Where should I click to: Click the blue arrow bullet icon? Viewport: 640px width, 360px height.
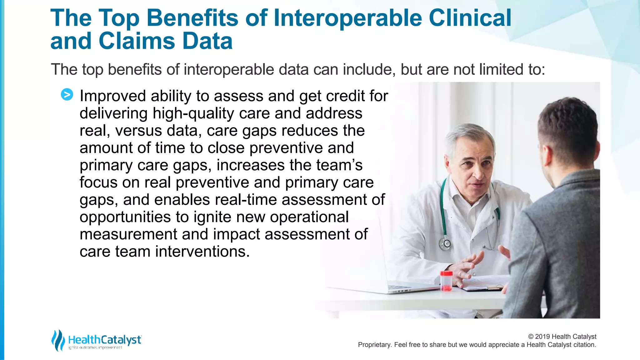click(x=67, y=94)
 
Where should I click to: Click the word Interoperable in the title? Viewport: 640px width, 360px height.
click(x=347, y=18)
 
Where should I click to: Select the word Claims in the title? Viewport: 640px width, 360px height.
click(x=136, y=41)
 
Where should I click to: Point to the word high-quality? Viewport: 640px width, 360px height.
click(x=193, y=113)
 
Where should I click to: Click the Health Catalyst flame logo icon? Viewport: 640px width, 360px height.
click(x=58, y=340)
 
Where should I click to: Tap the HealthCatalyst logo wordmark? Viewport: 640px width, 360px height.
click(x=105, y=340)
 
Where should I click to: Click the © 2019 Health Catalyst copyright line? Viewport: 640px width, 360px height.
click(x=562, y=337)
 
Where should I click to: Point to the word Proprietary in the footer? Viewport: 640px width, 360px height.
click(x=374, y=345)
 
